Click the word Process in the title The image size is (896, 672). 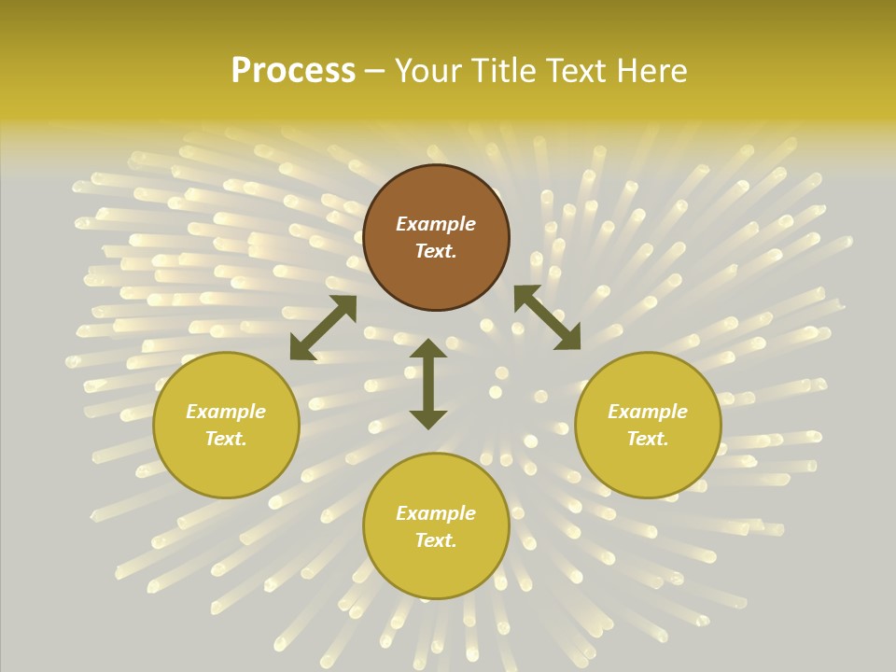point(293,71)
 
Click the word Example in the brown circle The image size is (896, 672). point(436,224)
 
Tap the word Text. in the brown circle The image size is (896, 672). point(436,251)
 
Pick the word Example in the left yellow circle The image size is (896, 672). point(226,412)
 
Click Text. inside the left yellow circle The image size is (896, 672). point(226,439)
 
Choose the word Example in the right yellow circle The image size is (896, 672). point(648,412)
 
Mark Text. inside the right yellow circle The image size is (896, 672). point(648,439)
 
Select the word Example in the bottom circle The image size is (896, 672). point(436,513)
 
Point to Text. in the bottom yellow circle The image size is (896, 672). point(436,540)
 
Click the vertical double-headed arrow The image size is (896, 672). point(428,384)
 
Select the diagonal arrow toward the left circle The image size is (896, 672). point(323,328)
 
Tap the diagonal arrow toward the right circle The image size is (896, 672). point(547,317)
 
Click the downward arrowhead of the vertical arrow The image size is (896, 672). point(428,419)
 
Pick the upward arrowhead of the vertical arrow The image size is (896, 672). point(428,348)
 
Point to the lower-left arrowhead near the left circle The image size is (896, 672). point(301,348)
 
